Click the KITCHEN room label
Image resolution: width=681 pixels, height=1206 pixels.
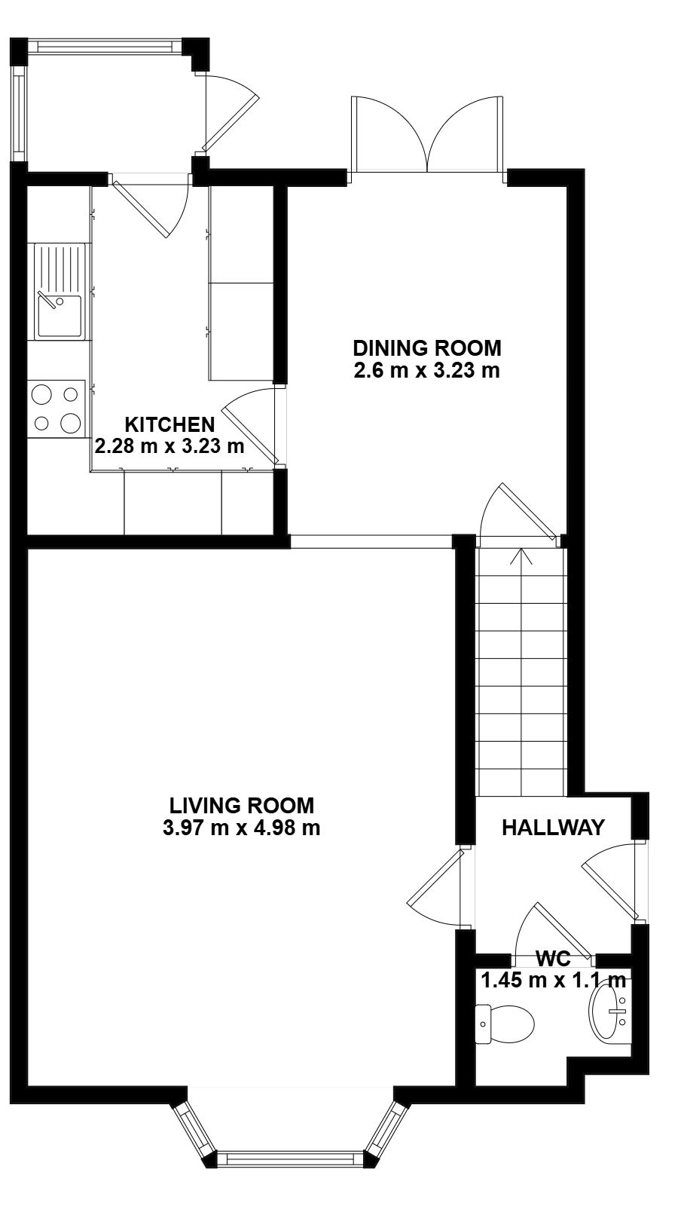click(169, 424)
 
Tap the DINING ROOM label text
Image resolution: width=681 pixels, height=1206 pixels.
click(427, 347)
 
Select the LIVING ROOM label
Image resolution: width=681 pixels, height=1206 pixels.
click(242, 806)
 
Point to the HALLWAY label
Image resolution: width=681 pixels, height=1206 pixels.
click(553, 827)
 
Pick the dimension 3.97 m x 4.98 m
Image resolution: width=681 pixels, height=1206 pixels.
click(242, 828)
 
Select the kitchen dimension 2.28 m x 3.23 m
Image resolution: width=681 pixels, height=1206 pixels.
click(169, 445)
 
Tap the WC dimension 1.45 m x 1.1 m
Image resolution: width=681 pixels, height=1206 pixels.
click(554, 980)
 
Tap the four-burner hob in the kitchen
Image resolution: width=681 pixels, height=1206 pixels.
click(56, 409)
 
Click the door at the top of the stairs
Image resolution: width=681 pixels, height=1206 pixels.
click(519, 510)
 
